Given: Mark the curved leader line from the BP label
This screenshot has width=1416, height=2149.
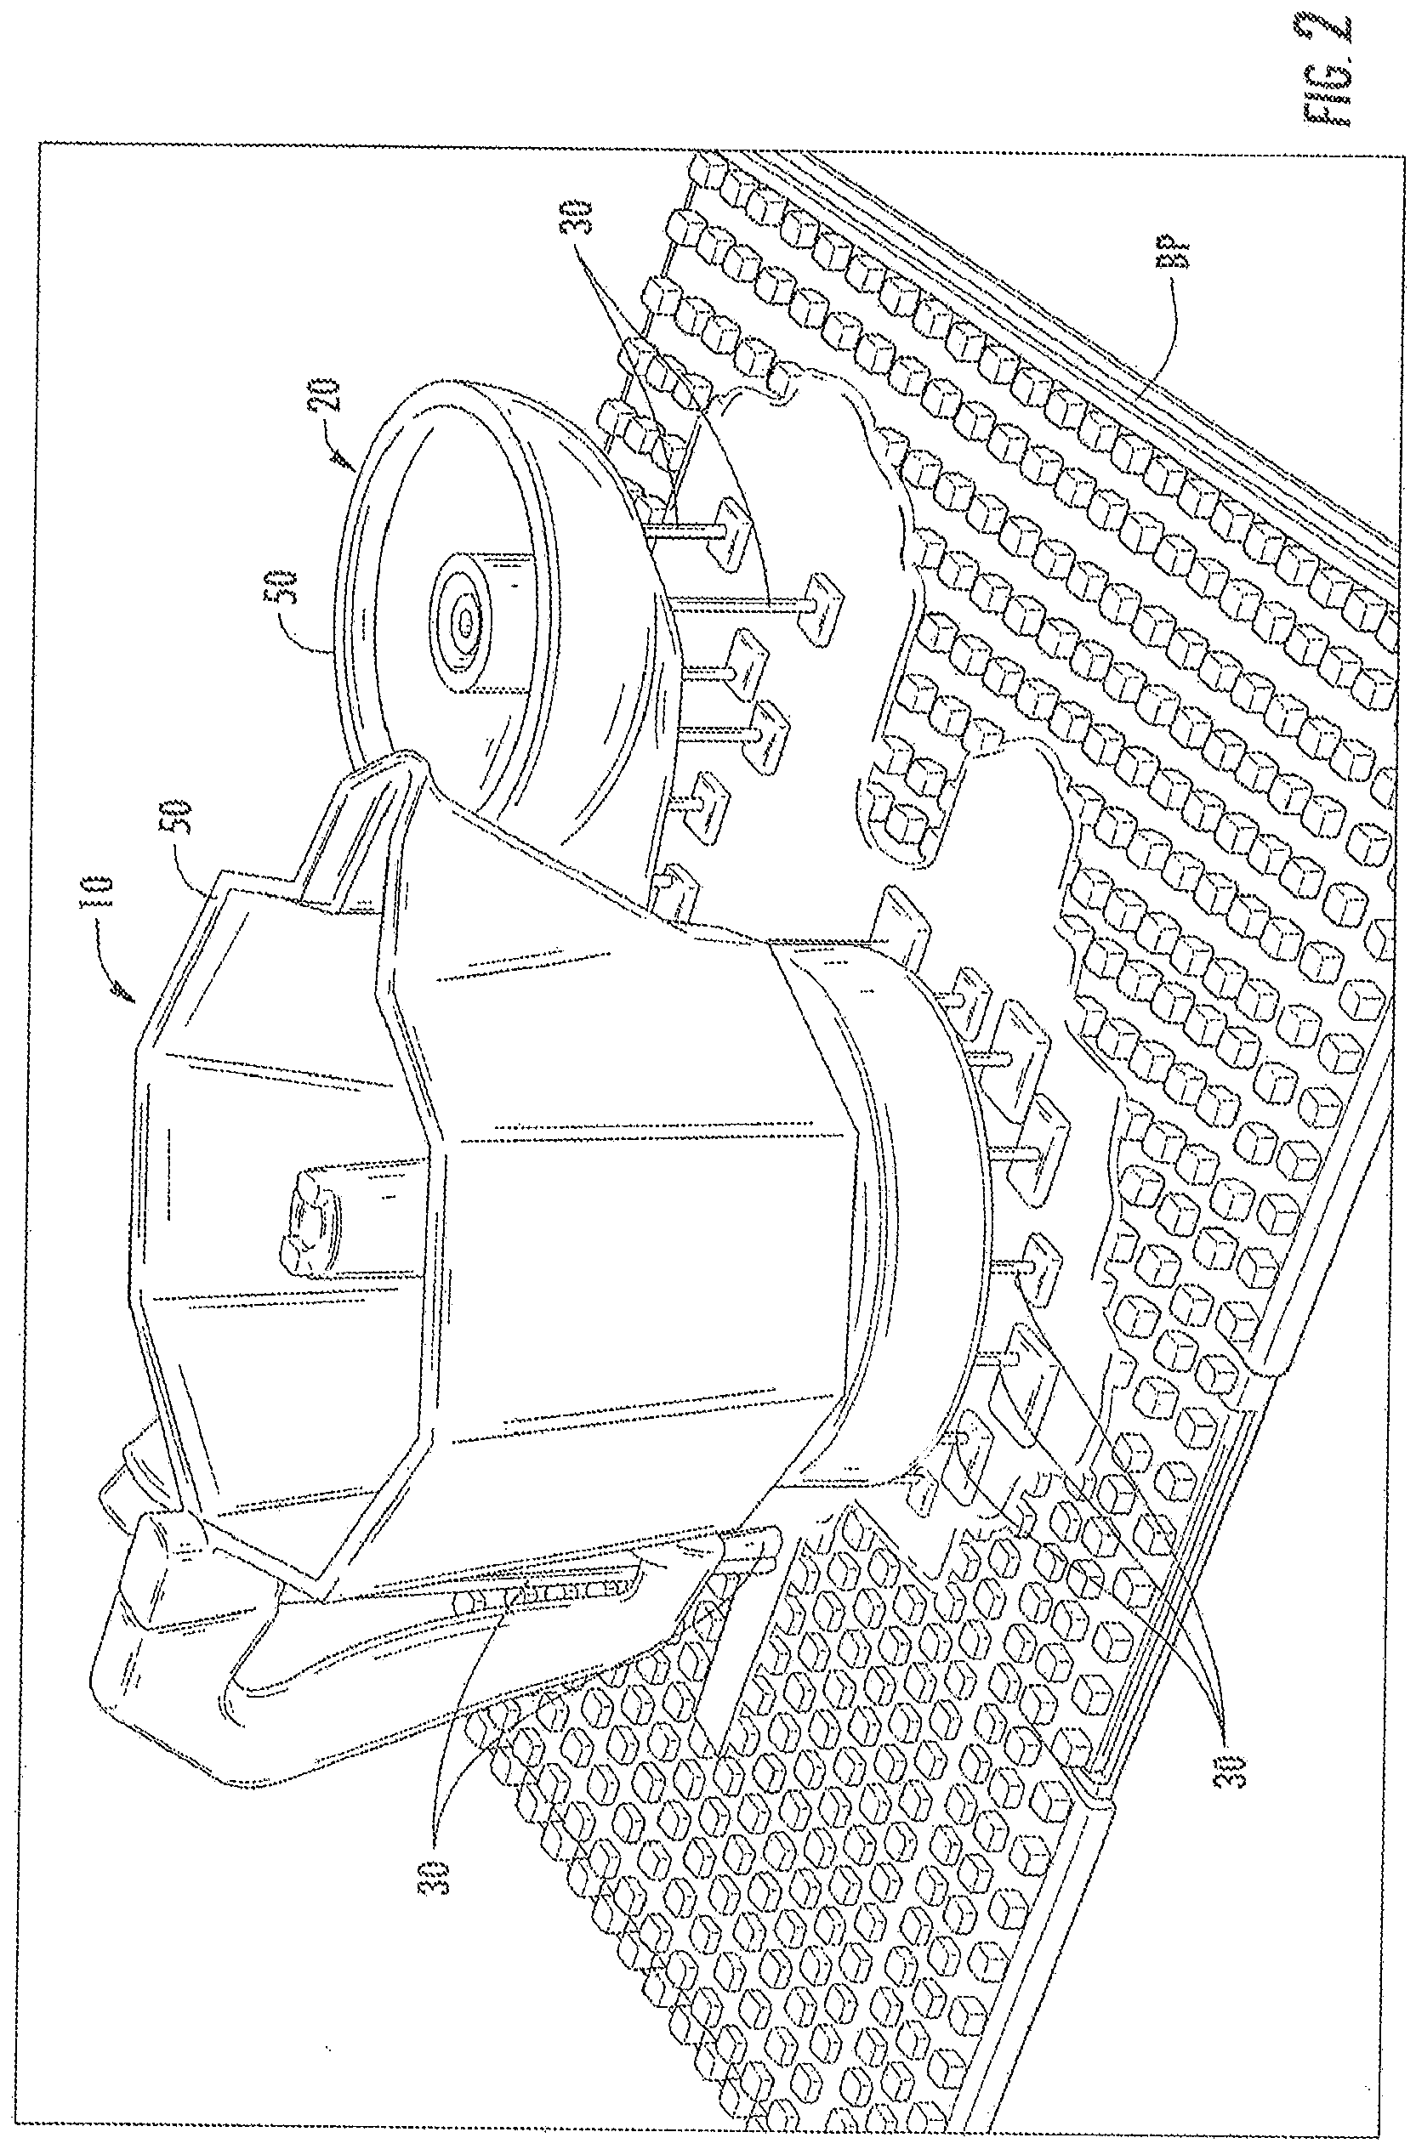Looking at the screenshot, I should [1156, 361].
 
